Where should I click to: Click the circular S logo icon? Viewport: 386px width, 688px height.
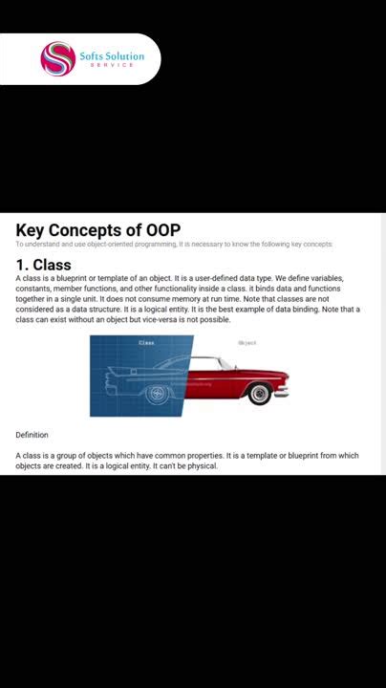click(x=57, y=59)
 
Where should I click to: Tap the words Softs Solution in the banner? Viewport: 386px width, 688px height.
click(x=112, y=56)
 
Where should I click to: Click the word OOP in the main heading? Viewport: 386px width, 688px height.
click(x=163, y=230)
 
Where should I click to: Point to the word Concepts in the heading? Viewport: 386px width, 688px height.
click(x=96, y=230)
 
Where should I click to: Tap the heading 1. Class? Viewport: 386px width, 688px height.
click(x=43, y=265)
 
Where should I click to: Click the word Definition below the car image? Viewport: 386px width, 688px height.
click(x=32, y=435)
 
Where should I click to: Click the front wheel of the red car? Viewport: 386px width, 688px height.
click(x=259, y=393)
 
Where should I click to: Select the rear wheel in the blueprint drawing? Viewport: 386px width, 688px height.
click(x=156, y=393)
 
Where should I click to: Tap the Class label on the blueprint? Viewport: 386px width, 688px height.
click(x=146, y=342)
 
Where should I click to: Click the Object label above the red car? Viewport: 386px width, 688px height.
click(x=247, y=342)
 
